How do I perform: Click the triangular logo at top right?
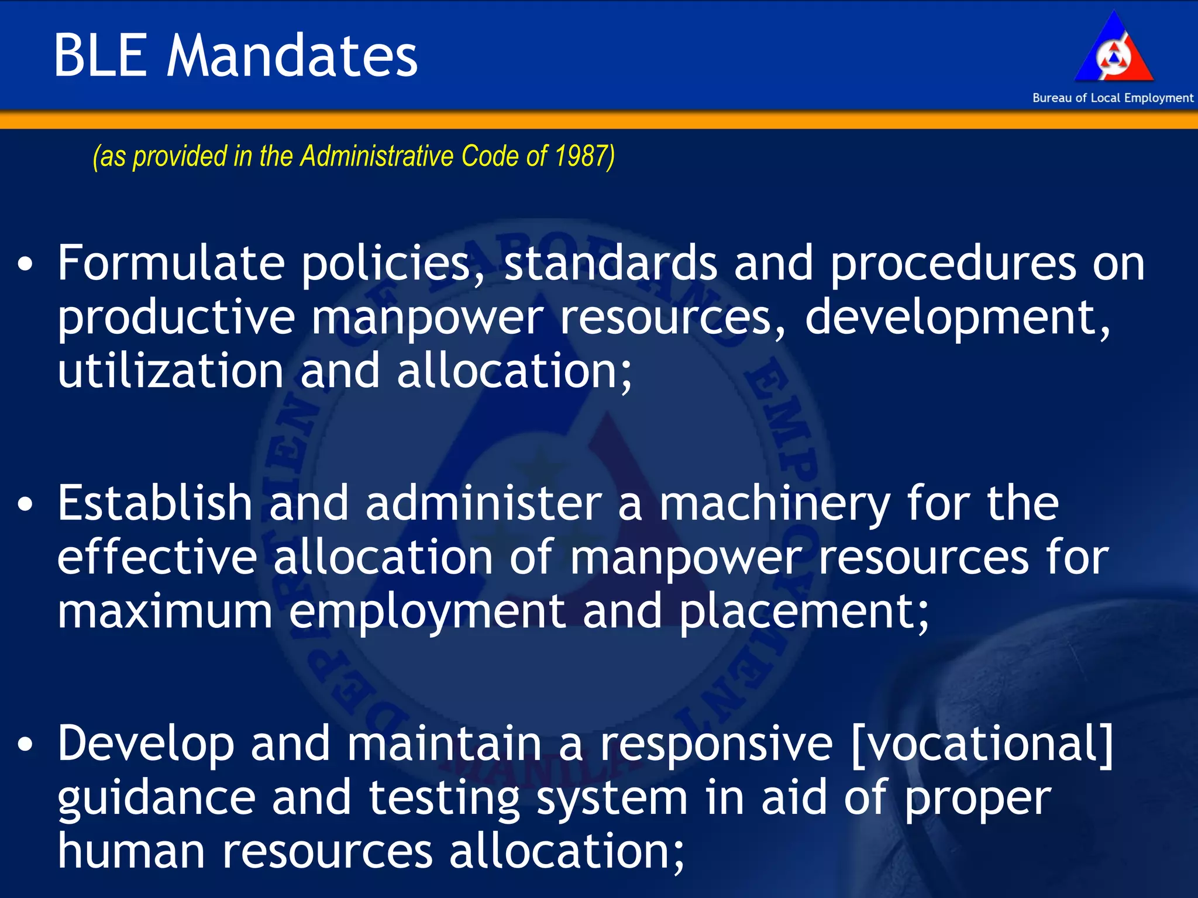[x=1113, y=50]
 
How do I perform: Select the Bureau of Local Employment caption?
[x=1113, y=98]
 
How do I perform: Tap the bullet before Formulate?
[x=25, y=264]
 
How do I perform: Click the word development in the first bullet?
[x=957, y=317]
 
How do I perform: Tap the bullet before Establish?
[x=25, y=505]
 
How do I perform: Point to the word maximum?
[x=165, y=612]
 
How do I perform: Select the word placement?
[x=803, y=612]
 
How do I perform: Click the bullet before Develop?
[x=25, y=745]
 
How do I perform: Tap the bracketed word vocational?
[x=982, y=744]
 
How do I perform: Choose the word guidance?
[x=156, y=799]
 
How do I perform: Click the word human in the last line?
[x=131, y=851]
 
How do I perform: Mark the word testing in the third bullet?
[x=444, y=799]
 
